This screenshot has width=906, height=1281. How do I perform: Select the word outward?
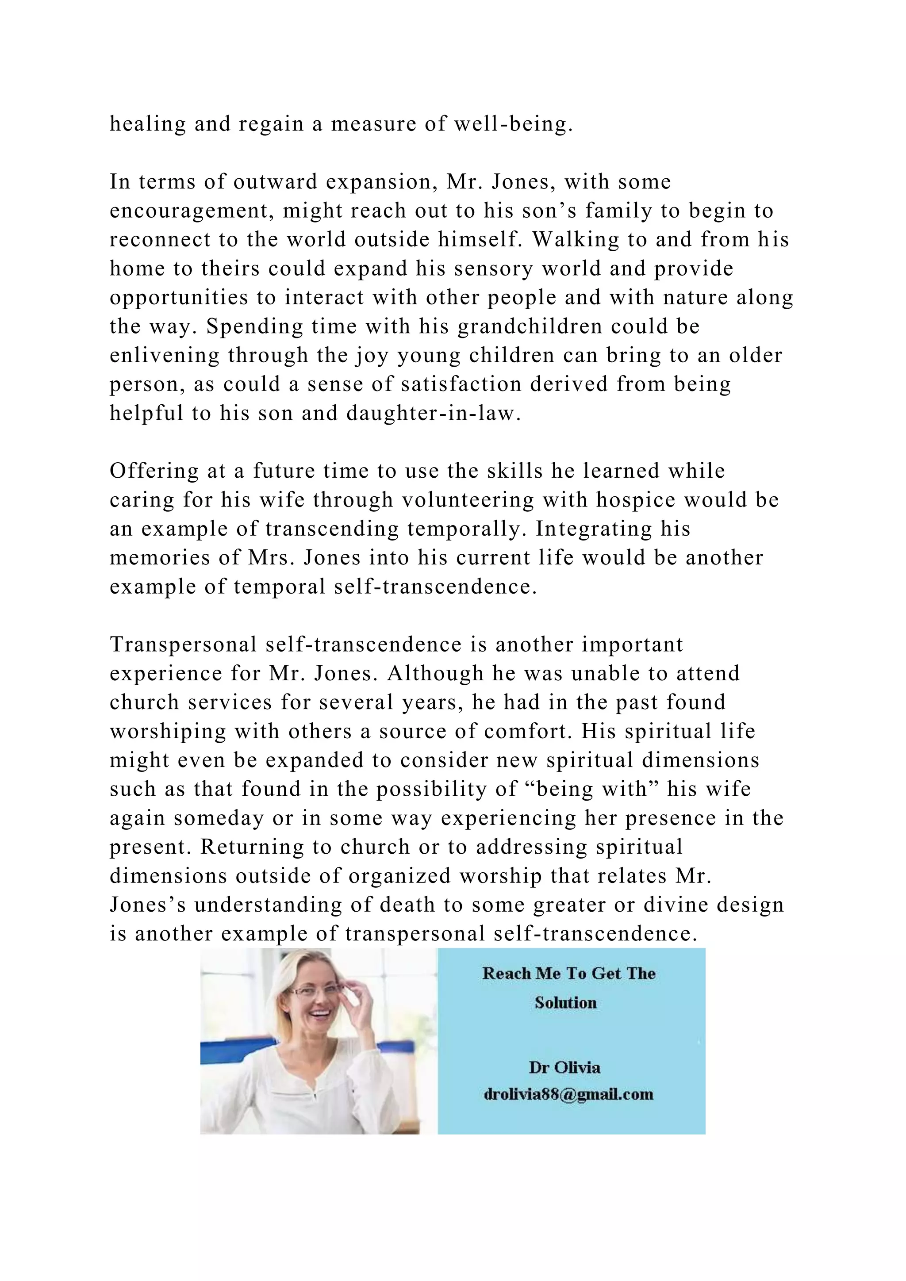tap(275, 182)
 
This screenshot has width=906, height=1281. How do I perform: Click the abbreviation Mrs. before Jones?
tap(272, 558)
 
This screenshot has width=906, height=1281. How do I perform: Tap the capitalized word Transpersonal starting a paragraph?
tap(182, 644)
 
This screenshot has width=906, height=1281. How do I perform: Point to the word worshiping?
tap(168, 732)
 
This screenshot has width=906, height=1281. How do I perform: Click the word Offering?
tap(154, 471)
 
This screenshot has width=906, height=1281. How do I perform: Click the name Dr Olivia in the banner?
tap(564, 1067)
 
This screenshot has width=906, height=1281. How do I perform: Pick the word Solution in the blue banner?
tap(566, 1003)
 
